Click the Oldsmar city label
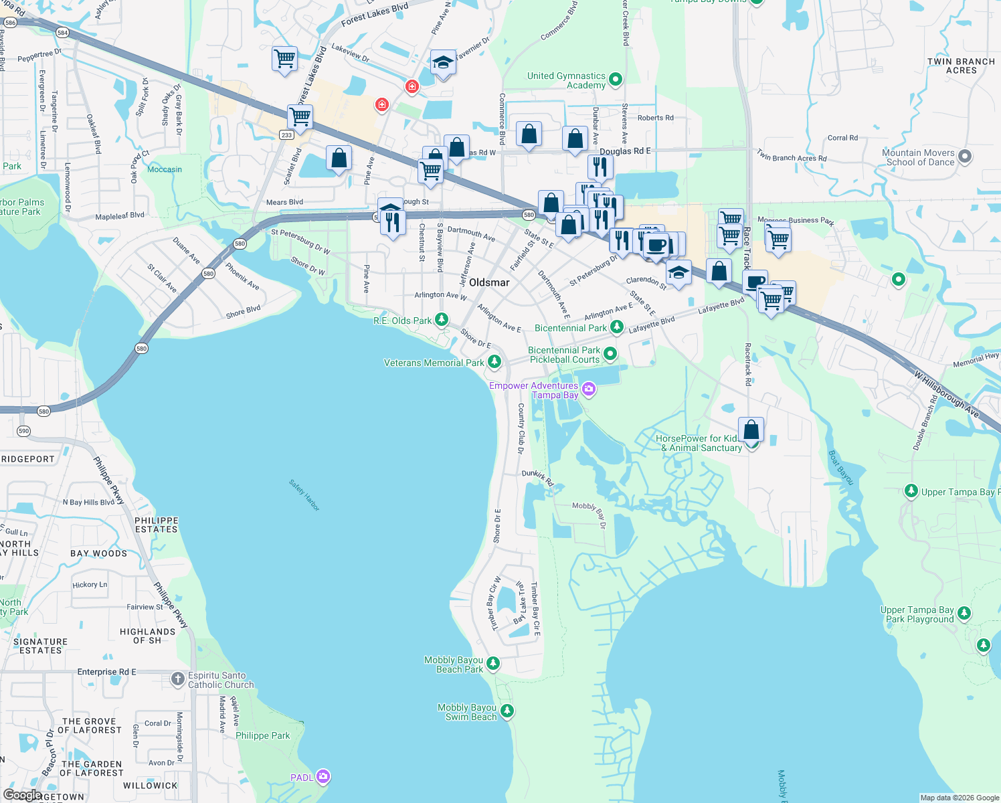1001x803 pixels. coord(489,282)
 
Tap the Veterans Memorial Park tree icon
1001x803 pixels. coord(494,362)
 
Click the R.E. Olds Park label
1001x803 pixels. coord(403,321)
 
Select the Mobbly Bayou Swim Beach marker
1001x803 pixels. coord(507,711)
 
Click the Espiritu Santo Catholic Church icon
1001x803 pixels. coord(177,679)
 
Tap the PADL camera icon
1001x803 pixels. coord(323,777)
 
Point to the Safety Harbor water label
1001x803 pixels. coord(304,495)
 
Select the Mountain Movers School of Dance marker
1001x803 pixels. coord(964,157)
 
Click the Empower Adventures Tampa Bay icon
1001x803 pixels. coord(588,389)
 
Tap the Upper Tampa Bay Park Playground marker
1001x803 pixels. coord(964,613)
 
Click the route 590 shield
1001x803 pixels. coord(24,431)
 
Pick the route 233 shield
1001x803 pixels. coord(286,135)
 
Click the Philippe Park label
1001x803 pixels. coord(263,735)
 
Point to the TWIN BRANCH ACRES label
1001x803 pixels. coord(961,66)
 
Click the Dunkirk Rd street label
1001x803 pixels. coord(538,477)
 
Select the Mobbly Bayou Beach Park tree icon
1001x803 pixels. coord(493,663)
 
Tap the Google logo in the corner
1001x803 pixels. coord(22,794)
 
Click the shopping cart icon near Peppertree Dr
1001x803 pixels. coord(285,59)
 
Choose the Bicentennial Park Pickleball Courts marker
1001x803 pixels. coord(610,353)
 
